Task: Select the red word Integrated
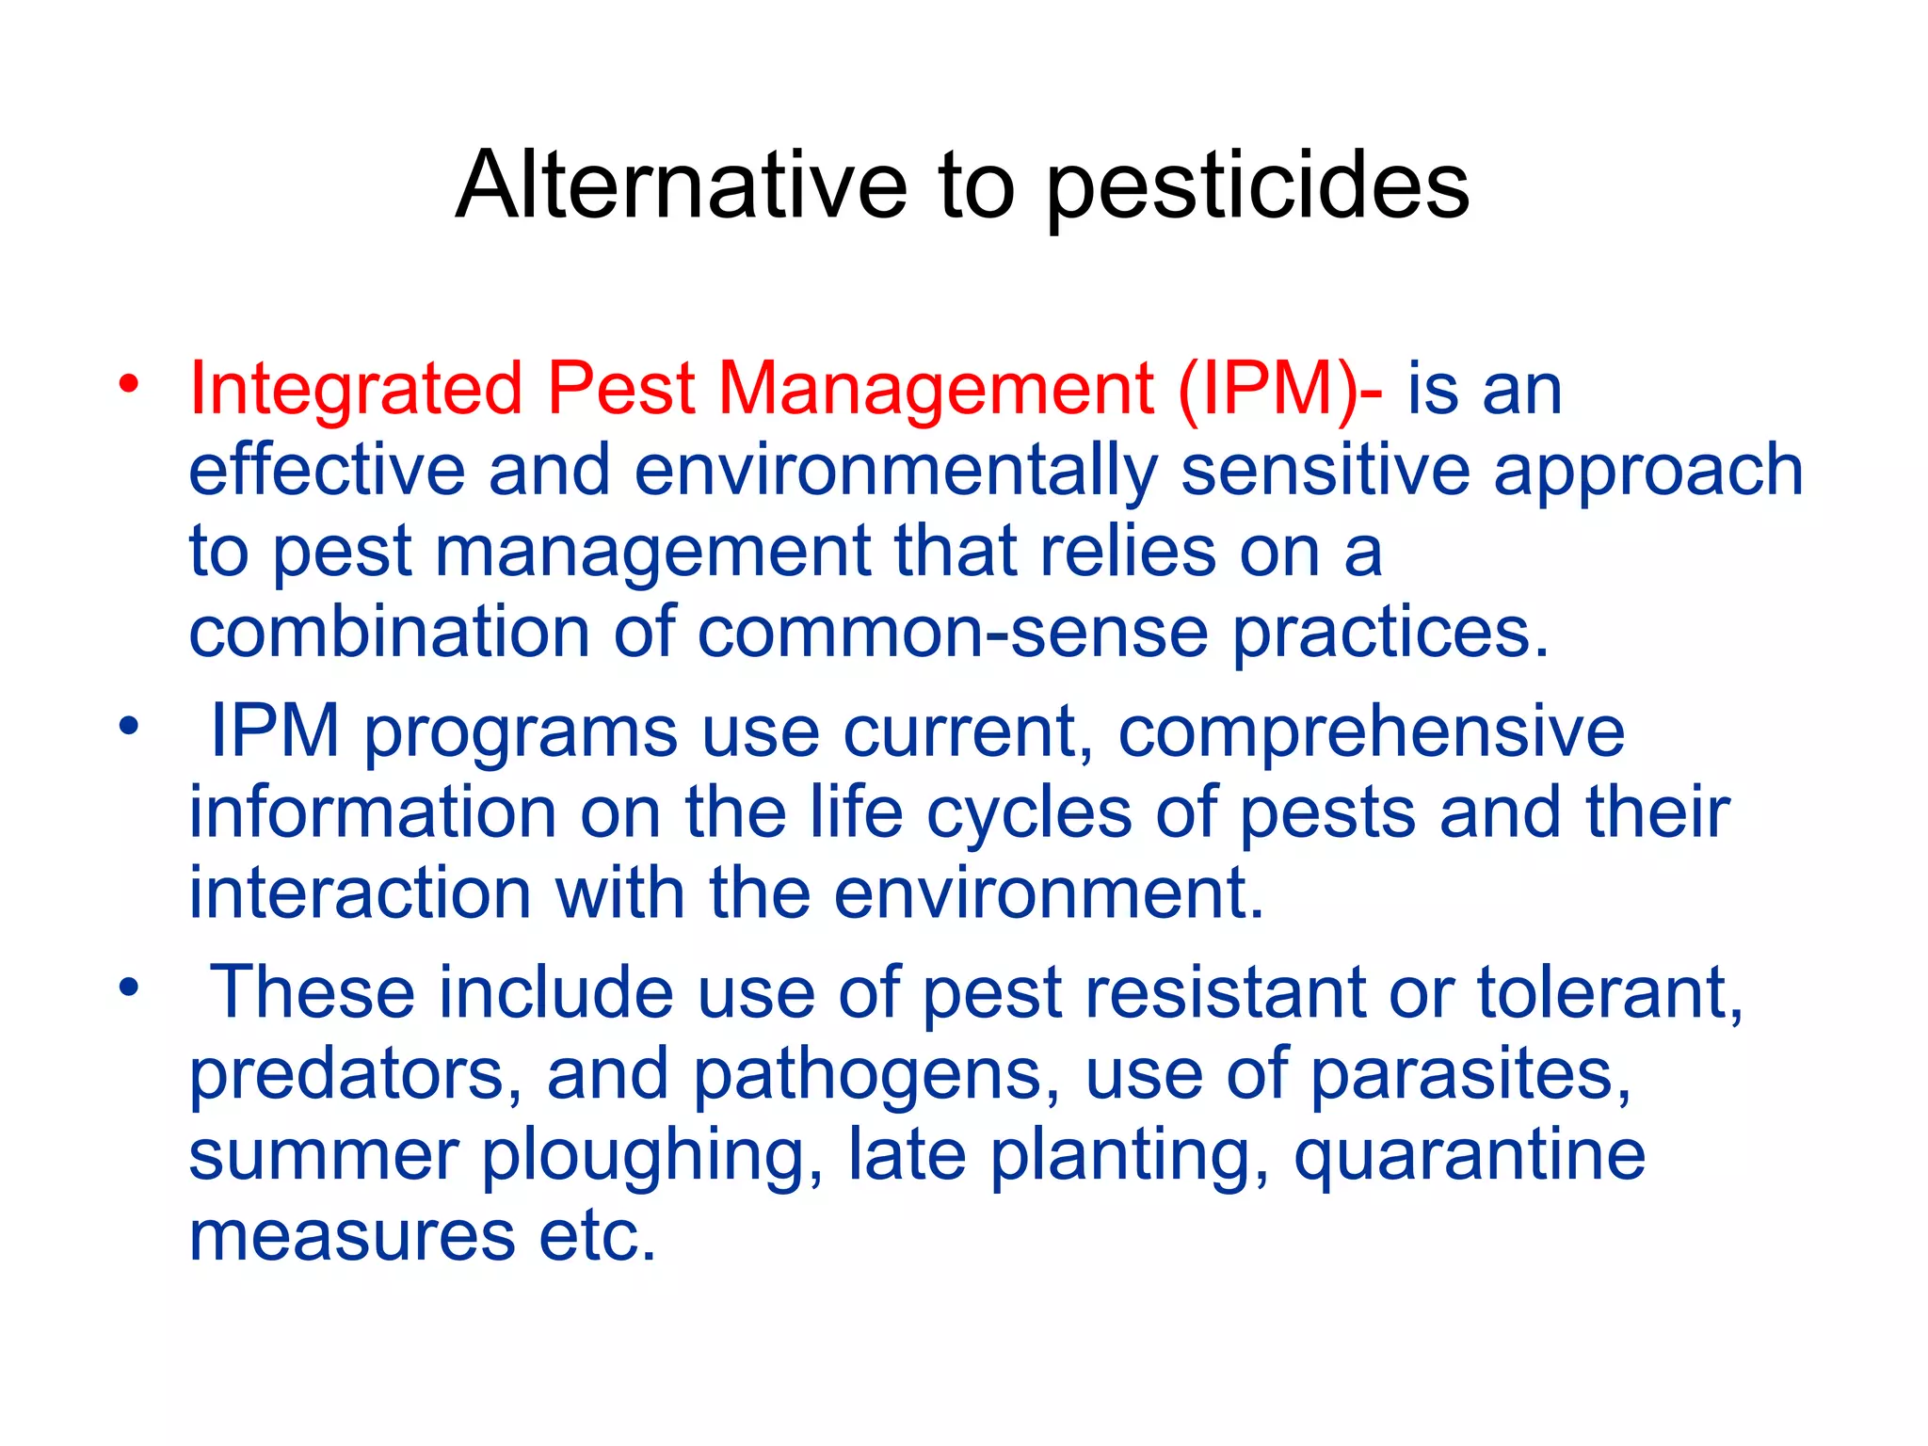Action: (356, 390)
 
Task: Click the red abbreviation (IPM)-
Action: (1280, 390)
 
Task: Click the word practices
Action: (1390, 635)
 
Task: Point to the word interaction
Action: (361, 893)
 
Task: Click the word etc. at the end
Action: (597, 1237)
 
